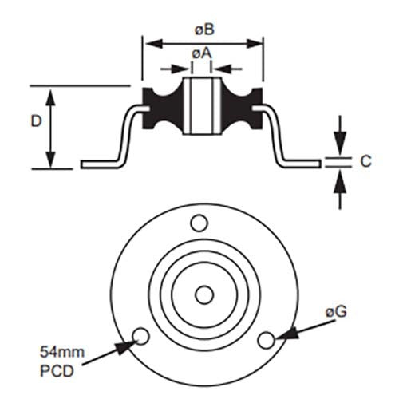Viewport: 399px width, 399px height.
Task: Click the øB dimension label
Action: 203,30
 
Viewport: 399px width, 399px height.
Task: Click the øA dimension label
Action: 201,53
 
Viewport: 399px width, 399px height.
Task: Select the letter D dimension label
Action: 36,121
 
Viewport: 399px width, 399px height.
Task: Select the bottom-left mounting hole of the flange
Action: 141,334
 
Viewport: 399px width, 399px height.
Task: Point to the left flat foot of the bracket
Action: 100,164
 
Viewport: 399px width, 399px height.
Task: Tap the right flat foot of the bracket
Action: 303,164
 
